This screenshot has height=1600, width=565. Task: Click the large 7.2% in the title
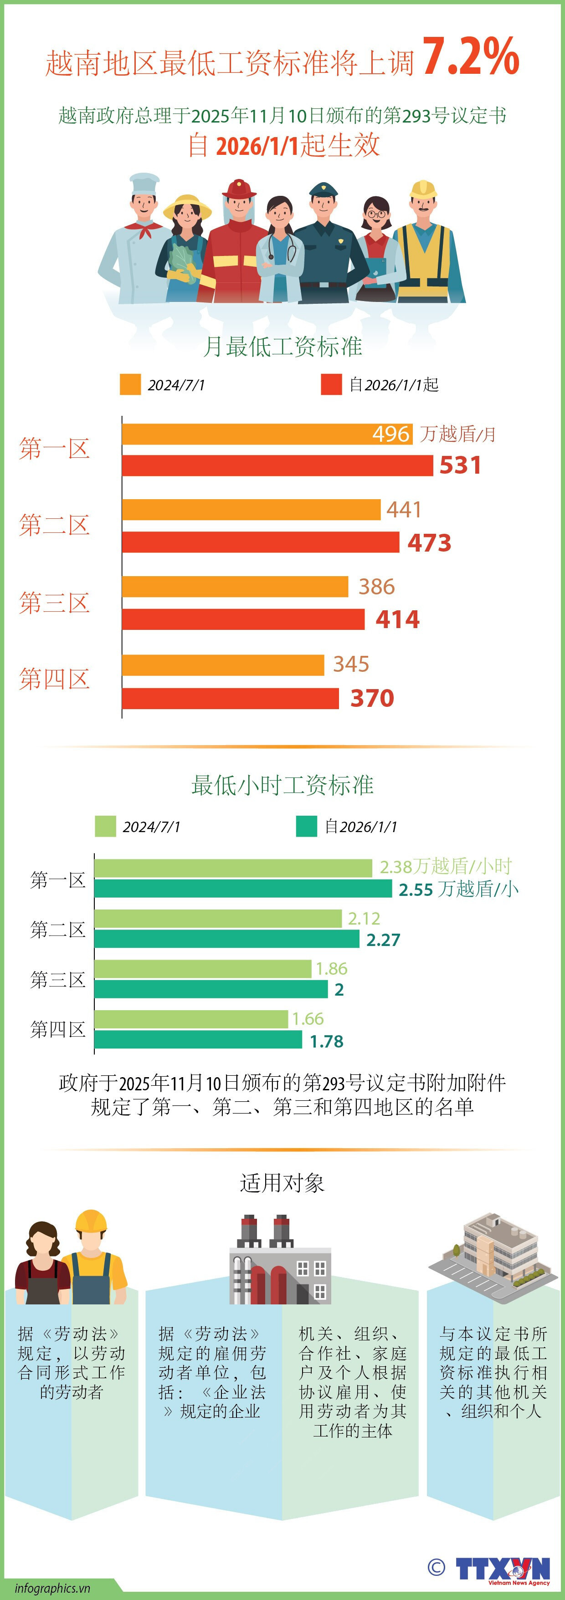471,57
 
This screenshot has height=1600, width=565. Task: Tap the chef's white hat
144,184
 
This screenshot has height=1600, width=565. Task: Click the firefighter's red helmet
239,189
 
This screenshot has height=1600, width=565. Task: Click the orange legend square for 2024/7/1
130,384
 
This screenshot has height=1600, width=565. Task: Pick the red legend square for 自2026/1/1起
331,384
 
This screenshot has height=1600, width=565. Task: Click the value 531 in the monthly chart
460,465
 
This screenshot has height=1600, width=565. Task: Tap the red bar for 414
242,619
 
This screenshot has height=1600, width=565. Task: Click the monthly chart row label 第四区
55,679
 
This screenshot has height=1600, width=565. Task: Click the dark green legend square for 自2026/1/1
307,826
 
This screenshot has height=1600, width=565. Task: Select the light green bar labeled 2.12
217,918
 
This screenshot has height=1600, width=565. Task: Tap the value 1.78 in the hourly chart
326,1041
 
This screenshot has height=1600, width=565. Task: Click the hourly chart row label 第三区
58,980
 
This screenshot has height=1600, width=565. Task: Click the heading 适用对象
282,1183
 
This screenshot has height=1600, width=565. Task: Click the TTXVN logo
502,1569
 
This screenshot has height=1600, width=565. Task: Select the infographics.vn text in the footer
52,1588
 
